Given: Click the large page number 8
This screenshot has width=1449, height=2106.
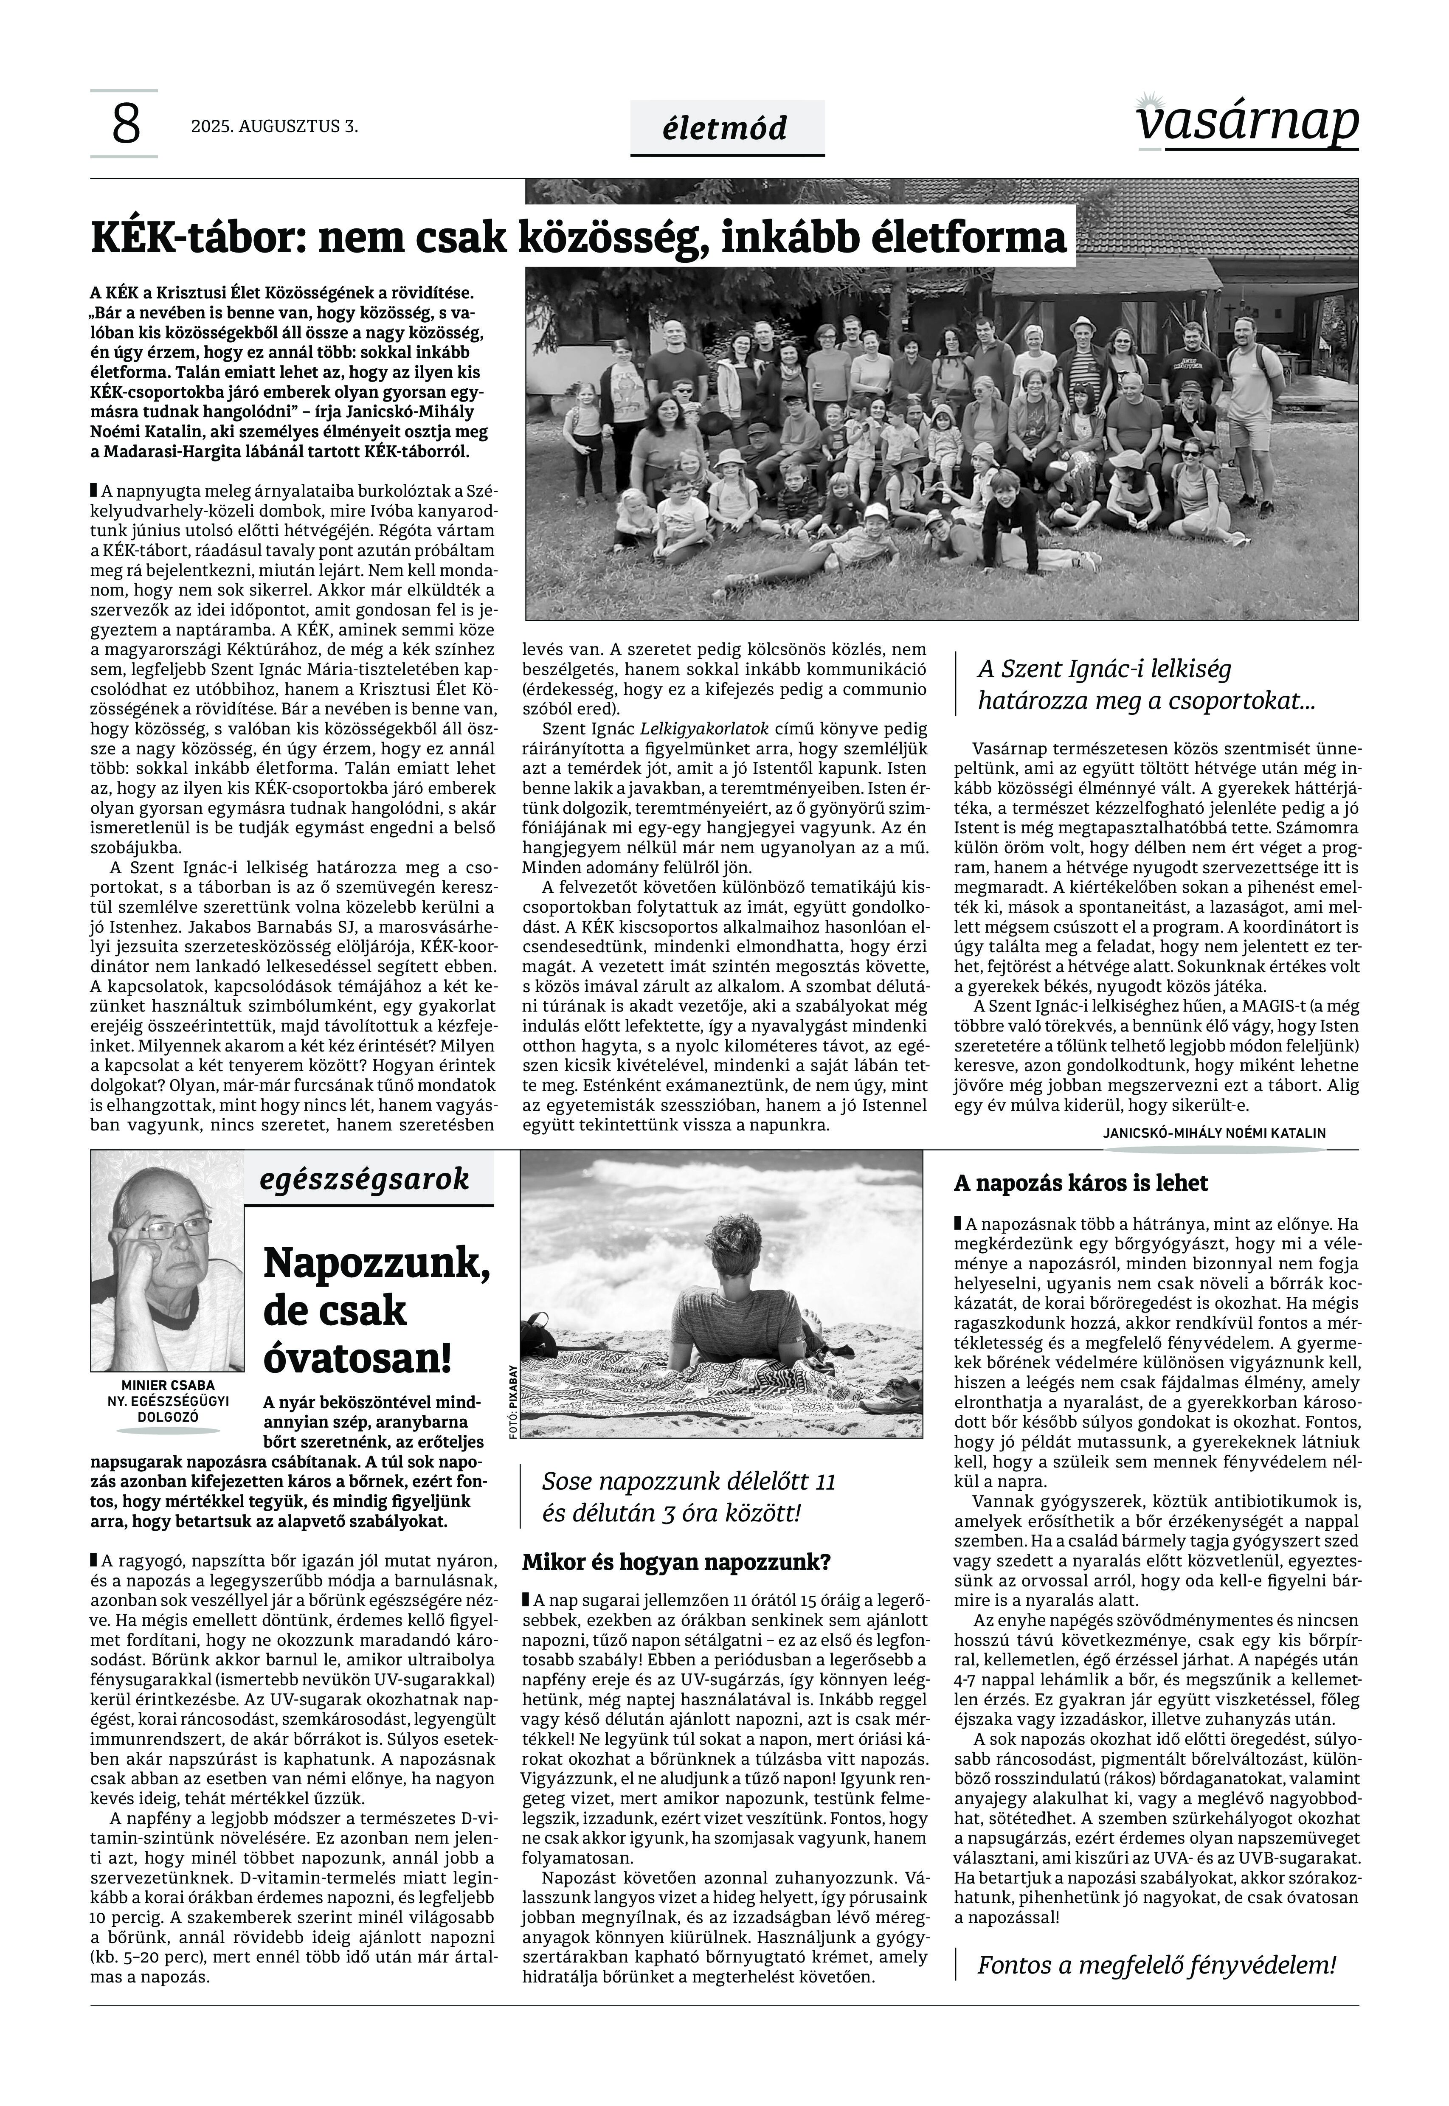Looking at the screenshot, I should tap(125, 124).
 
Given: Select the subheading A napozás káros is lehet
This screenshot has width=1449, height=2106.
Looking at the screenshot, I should tap(1080, 1184).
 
